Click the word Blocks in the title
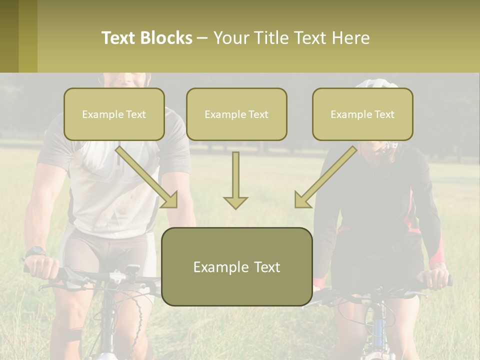(166, 38)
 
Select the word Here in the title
(351, 38)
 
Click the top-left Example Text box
(114, 114)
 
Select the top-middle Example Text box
(236, 114)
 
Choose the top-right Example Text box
(363, 114)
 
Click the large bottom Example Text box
(237, 266)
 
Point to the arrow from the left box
(146, 177)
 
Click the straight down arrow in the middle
(235, 180)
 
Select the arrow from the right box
(326, 177)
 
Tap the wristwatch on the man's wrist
(35, 251)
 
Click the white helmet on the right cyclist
(377, 83)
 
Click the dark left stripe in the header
(9, 36)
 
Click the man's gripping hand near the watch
(41, 267)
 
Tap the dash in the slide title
(202, 38)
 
